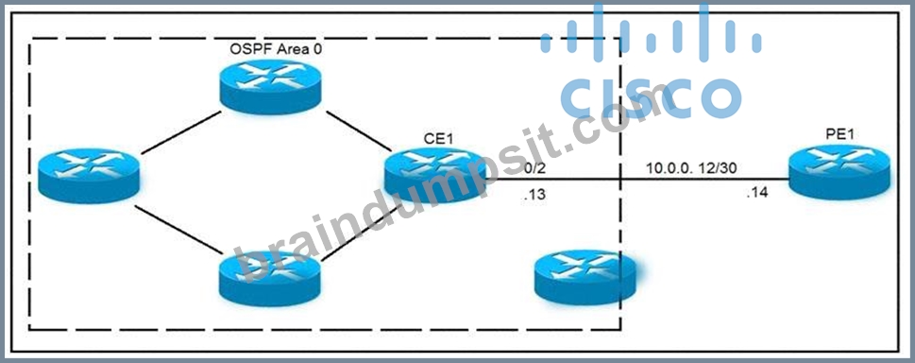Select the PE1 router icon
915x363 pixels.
coord(839,173)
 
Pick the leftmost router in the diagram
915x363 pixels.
coord(89,176)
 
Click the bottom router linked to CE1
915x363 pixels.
coord(271,278)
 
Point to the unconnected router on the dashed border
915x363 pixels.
coord(585,277)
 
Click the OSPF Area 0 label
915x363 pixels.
coord(276,48)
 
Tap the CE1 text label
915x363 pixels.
coord(439,139)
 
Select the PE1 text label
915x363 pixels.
coord(839,134)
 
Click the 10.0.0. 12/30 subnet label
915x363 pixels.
coord(691,168)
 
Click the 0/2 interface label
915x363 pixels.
coord(535,168)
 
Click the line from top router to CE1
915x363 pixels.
coord(358,130)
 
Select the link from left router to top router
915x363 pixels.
coord(181,132)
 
